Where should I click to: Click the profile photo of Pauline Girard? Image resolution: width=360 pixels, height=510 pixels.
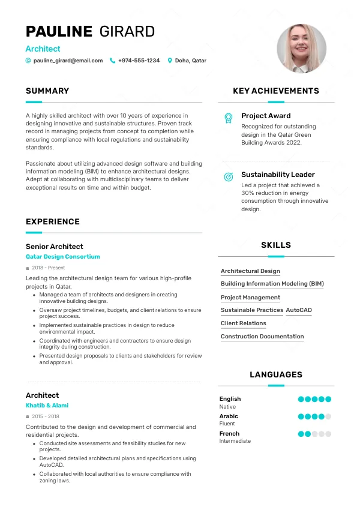tap(301, 49)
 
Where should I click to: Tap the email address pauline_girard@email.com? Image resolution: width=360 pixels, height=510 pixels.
tap(68, 61)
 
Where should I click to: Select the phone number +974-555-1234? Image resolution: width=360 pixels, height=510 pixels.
tap(139, 61)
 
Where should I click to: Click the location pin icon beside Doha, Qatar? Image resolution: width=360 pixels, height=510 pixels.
tap(170, 61)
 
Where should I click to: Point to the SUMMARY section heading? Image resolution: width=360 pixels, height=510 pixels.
tap(47, 91)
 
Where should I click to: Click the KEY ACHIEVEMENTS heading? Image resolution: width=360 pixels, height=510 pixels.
tap(276, 91)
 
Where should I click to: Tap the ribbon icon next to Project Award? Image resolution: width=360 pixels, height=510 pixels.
tap(228, 118)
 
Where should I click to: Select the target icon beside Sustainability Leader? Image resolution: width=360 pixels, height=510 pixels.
tap(228, 176)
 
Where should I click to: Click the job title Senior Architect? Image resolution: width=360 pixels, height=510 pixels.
tap(55, 247)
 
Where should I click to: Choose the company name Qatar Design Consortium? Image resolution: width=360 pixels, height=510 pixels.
tap(63, 257)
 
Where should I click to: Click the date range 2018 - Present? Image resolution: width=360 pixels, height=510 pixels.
tap(49, 268)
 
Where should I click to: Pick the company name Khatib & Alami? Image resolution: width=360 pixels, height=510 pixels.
tap(47, 406)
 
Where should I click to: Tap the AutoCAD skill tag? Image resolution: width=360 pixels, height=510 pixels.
tap(299, 310)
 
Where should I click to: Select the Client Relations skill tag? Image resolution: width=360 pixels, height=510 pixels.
tap(244, 323)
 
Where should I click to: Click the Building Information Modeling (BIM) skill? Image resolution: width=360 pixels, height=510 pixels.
tap(272, 284)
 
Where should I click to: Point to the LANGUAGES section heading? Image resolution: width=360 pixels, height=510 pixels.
tap(276, 375)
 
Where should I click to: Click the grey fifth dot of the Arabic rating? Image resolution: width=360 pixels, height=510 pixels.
tap(328, 416)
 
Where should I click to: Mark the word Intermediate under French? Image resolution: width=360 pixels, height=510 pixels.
tap(235, 441)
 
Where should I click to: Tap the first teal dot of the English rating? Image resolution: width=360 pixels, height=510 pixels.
tap(301, 399)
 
